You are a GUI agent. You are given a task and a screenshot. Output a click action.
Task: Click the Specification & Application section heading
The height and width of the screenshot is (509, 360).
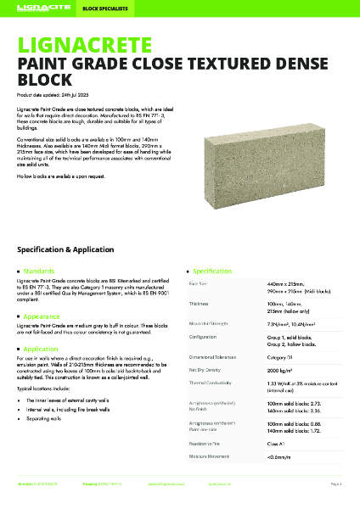click(x=76, y=250)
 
